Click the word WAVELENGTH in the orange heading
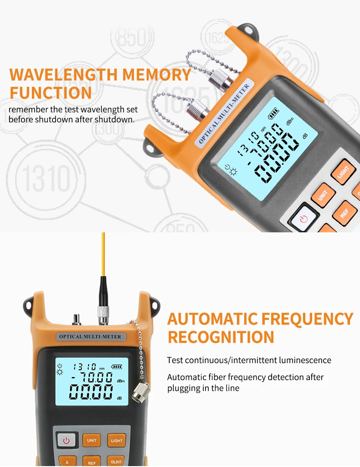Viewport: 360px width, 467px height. coord(64,75)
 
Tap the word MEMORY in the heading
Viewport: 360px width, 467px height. coord(156,75)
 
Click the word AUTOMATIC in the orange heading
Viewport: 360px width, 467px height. coord(212,319)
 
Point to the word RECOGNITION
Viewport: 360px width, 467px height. coord(221,337)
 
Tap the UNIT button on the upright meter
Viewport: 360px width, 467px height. coord(92,441)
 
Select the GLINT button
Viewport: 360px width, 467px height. coord(116,462)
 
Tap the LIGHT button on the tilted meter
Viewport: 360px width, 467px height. coord(343,172)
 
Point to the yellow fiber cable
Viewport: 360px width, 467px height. coord(103,254)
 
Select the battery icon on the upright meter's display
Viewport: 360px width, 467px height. coord(116,367)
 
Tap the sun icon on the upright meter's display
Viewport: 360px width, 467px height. coord(60,372)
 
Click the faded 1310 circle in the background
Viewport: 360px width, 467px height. coord(46,178)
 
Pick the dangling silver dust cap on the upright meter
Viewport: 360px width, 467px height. coord(139,390)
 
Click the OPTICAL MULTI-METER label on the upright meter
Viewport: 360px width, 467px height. coord(90,337)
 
